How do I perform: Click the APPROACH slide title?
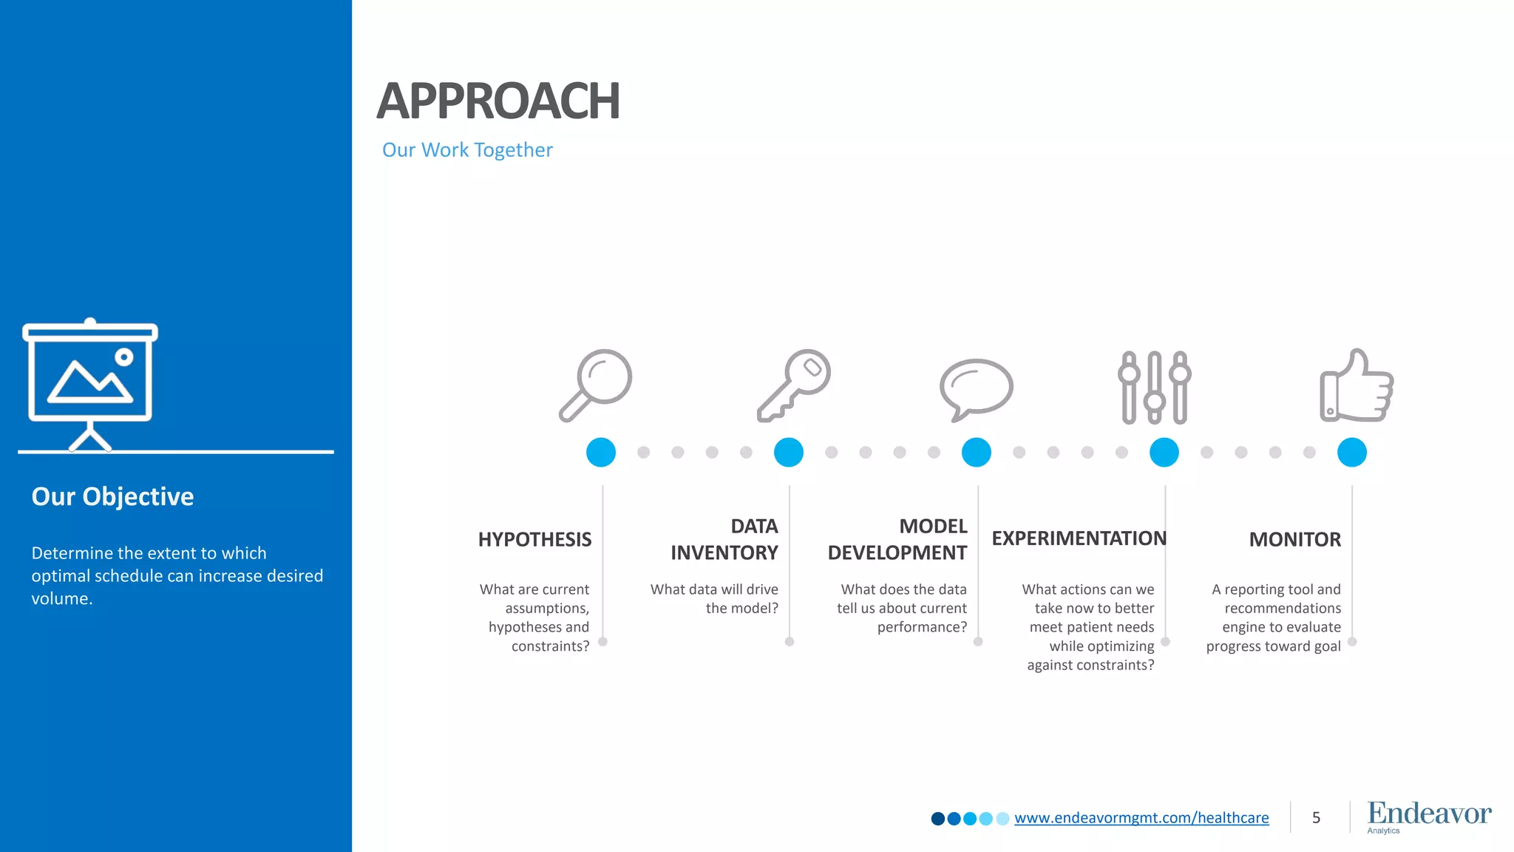[x=498, y=101]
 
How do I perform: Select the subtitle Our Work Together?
[x=467, y=150]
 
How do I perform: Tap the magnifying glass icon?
[x=596, y=385]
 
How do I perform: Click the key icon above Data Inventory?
[x=794, y=385]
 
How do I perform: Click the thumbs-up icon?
[x=1357, y=386]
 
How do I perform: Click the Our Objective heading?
[x=112, y=496]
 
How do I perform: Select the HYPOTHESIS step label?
[x=534, y=540]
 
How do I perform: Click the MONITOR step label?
[x=1294, y=540]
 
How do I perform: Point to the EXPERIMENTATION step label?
[x=1079, y=538]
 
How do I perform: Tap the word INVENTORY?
[x=724, y=553]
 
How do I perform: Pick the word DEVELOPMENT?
[x=897, y=553]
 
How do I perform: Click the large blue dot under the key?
[x=788, y=452]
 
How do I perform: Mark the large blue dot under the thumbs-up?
[x=1351, y=452]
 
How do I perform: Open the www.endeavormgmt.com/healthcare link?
[x=1141, y=818]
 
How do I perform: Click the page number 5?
[x=1316, y=818]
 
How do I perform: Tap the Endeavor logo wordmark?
[x=1428, y=814]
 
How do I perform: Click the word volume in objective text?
[x=61, y=599]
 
